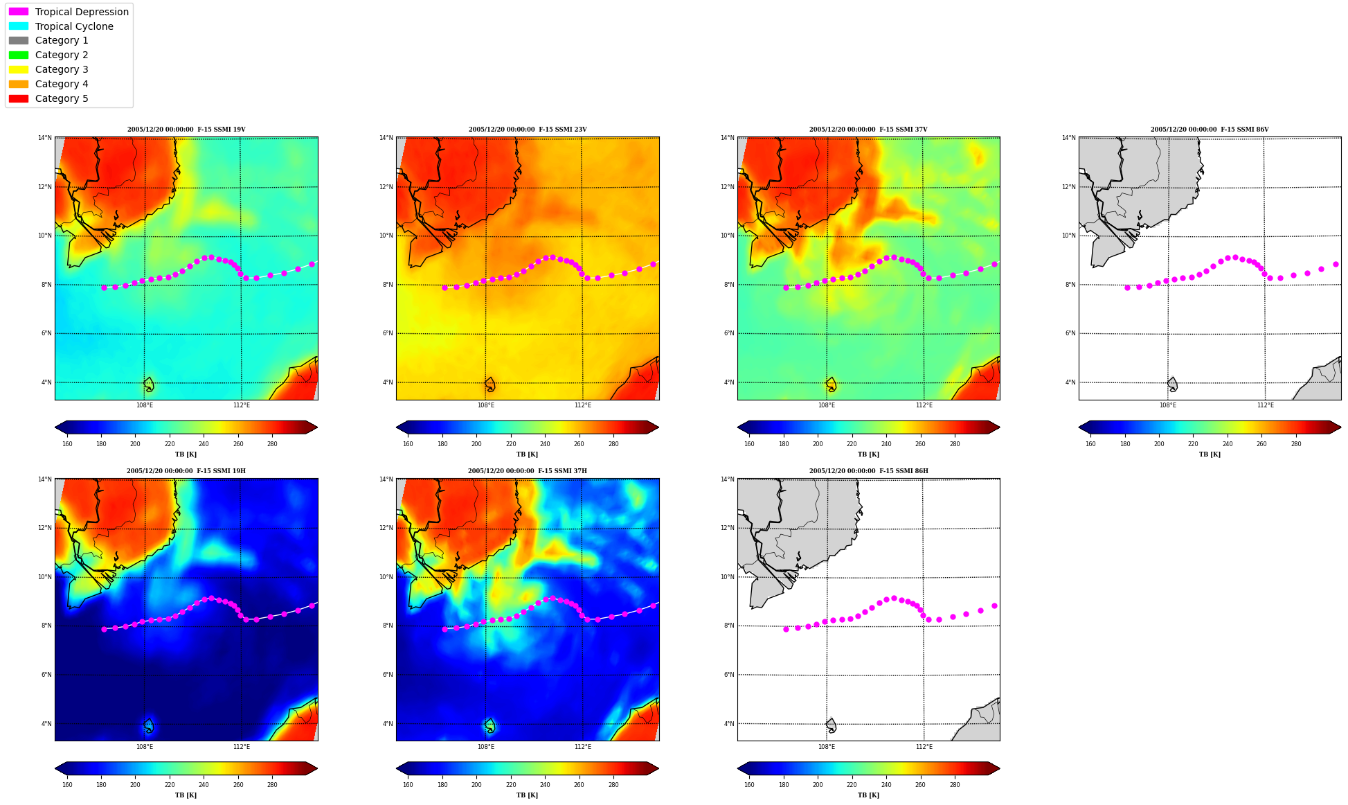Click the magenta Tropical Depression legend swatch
click(19, 12)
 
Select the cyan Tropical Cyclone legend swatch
click(19, 26)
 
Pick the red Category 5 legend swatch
click(19, 98)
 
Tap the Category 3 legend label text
click(62, 69)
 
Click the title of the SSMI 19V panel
click(186, 130)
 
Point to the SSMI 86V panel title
click(1210, 130)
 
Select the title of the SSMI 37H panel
click(527, 471)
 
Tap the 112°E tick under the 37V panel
click(924, 405)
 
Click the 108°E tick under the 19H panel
click(145, 747)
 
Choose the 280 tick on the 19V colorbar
click(272, 444)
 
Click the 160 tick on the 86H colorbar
click(749, 785)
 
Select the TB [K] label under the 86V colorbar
click(1210, 454)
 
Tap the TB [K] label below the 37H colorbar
click(527, 795)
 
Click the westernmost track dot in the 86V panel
click(1127, 287)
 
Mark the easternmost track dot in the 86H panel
click(994, 605)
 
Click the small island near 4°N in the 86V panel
click(1172, 384)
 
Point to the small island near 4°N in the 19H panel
click(149, 725)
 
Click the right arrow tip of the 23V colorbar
click(658, 427)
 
